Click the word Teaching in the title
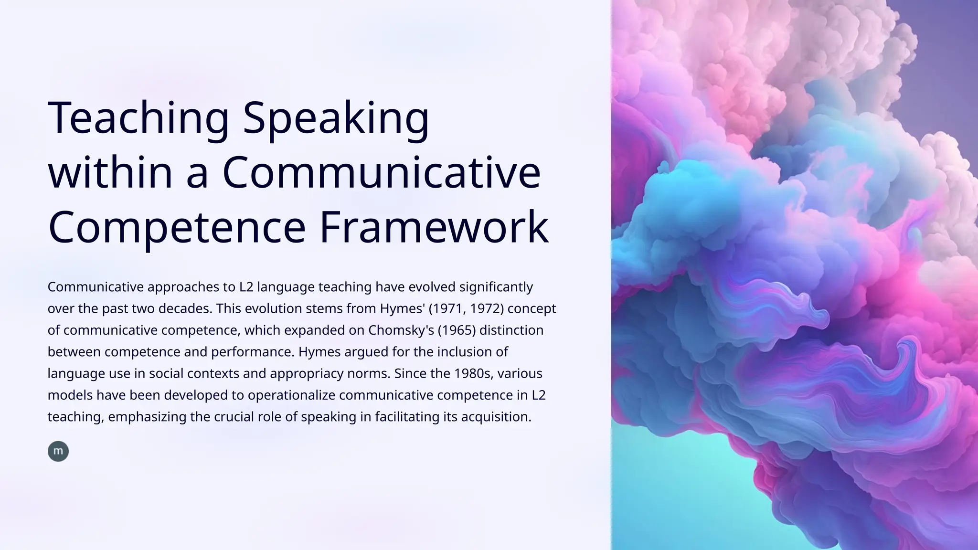point(138,118)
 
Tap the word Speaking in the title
point(336,118)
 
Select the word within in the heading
point(110,172)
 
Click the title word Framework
point(434,227)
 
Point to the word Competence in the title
point(177,227)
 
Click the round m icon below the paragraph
point(58,451)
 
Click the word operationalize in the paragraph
point(291,395)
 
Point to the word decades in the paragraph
point(185,309)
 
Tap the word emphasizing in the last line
point(147,417)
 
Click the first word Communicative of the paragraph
point(96,287)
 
